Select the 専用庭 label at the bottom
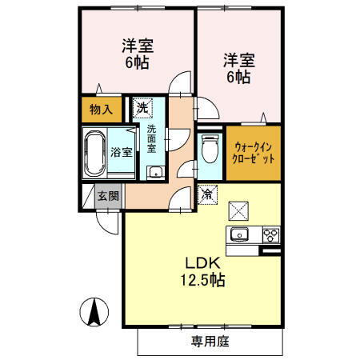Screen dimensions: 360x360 [x=210, y=342]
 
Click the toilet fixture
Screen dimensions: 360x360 [x=210, y=149]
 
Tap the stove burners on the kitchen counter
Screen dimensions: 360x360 [x=271, y=234]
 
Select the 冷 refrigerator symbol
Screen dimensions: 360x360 [x=207, y=193]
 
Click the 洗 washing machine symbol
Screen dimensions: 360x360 [x=142, y=106]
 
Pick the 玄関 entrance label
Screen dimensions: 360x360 [x=107, y=195]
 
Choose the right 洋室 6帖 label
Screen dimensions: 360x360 [x=238, y=70]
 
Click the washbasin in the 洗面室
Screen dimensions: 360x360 [x=154, y=172]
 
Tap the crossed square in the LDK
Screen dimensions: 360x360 [x=239, y=210]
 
